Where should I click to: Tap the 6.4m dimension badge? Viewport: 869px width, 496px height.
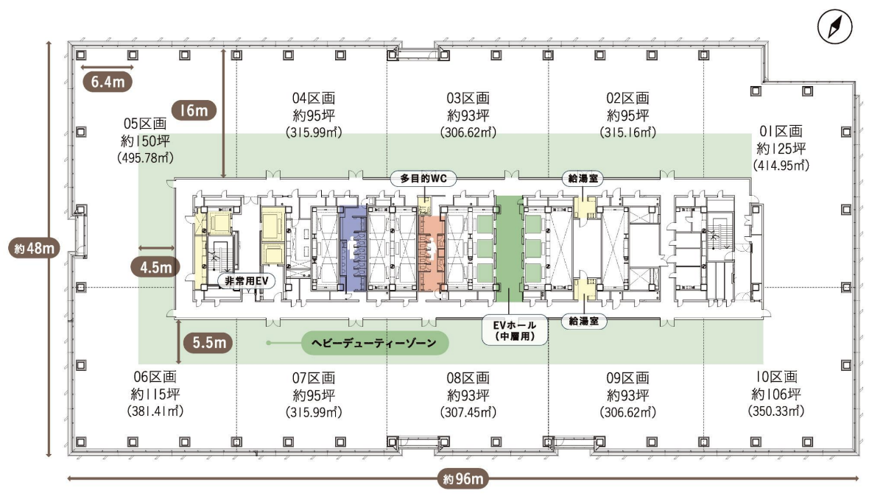[108, 82]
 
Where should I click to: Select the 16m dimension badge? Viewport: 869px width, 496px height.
[194, 110]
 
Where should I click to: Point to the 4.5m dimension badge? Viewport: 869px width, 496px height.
[155, 267]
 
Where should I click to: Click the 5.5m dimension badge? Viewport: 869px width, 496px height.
[209, 343]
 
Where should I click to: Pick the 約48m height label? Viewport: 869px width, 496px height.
[35, 249]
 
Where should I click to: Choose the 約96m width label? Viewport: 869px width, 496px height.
[462, 479]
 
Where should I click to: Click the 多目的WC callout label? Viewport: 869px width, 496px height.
[423, 179]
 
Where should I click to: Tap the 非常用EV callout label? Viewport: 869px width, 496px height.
[246, 281]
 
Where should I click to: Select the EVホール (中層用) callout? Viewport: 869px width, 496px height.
[515, 330]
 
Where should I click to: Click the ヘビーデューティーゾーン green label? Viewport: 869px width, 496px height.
[375, 343]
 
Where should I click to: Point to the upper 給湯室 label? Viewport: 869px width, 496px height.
[583, 179]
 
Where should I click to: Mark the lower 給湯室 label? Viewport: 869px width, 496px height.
[583, 321]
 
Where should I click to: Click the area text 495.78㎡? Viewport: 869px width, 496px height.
[145, 157]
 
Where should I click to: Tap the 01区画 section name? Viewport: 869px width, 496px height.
[781, 131]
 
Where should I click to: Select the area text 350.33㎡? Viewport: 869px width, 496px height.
[776, 411]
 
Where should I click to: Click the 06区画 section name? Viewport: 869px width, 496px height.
[155, 377]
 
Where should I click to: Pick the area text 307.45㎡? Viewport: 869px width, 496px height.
[468, 412]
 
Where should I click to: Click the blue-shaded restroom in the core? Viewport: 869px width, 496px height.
[352, 249]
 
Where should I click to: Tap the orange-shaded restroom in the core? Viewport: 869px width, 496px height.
[432, 252]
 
